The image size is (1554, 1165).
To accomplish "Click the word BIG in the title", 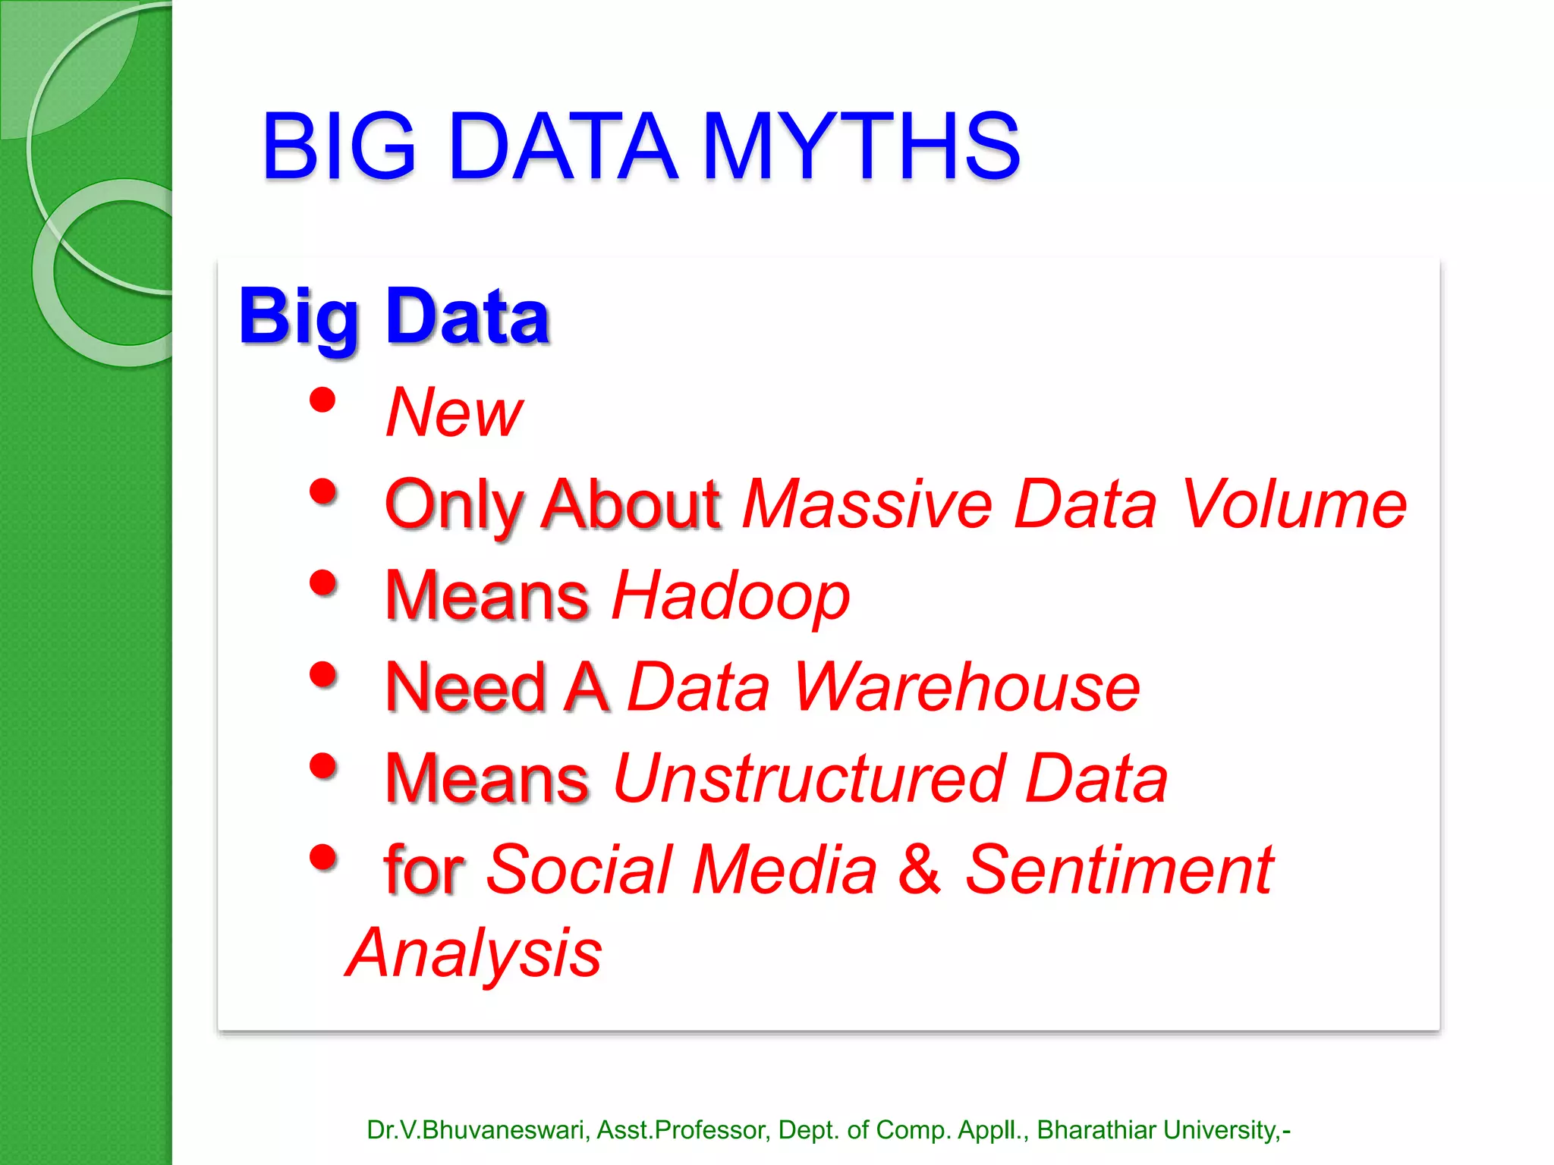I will pos(339,146).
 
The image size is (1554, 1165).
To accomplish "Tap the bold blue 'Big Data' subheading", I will pos(394,317).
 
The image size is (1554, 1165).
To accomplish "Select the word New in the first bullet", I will pos(454,413).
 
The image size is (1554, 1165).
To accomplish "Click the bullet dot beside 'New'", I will pos(323,400).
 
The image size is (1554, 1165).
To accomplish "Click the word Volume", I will pos(1294,504).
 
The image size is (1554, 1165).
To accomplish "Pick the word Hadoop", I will pos(731,596).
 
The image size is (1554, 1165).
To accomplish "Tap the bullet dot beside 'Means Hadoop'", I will pos(323,583).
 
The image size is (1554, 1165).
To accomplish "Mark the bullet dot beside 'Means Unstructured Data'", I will pos(323,766).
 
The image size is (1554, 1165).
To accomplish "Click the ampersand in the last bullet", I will pos(920,870).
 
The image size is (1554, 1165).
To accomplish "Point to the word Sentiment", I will pos(1119,870).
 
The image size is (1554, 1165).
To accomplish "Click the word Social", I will pos(580,870).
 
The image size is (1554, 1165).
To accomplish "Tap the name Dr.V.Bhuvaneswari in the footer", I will pos(477,1130).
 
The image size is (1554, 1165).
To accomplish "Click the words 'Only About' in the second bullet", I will pos(552,504).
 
